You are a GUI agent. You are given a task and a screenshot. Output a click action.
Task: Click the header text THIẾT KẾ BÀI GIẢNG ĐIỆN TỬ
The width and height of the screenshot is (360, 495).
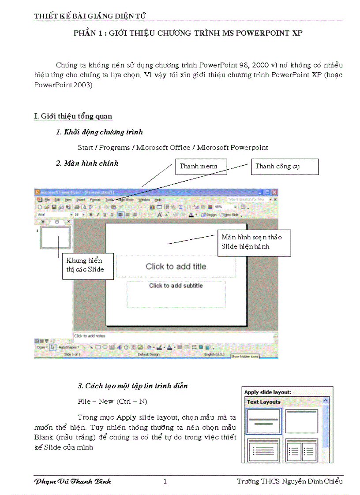click(90, 16)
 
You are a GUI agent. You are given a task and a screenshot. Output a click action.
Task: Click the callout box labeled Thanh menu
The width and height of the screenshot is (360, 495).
click(201, 167)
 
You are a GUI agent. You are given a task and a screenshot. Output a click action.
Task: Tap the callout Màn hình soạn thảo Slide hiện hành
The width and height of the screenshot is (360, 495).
click(254, 242)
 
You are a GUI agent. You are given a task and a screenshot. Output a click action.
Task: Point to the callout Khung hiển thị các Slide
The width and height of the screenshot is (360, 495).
click(88, 265)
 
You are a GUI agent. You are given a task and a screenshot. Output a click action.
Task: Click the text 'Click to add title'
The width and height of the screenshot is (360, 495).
click(176, 266)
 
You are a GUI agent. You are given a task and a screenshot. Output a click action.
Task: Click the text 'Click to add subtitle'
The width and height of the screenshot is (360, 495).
click(176, 286)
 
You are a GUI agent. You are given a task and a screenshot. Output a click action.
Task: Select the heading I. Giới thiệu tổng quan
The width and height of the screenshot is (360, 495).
click(73, 116)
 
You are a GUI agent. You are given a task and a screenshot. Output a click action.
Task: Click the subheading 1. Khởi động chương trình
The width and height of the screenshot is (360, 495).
click(99, 132)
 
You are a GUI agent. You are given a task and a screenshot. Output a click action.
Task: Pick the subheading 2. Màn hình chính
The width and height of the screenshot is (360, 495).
click(87, 163)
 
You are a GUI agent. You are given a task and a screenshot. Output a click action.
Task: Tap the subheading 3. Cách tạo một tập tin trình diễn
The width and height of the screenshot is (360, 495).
click(133, 386)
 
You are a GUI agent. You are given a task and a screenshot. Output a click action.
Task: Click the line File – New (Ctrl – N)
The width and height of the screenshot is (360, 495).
click(112, 401)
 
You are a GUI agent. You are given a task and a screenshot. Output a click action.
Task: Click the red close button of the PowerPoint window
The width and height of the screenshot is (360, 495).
click(274, 192)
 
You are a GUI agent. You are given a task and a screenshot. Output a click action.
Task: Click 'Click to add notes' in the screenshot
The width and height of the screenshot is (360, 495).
click(90, 336)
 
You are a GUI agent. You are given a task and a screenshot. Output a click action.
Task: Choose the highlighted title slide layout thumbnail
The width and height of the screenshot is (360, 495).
click(263, 421)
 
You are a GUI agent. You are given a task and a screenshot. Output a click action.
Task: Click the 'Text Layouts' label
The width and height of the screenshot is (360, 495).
click(264, 402)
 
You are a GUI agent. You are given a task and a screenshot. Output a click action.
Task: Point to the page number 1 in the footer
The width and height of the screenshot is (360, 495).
click(165, 481)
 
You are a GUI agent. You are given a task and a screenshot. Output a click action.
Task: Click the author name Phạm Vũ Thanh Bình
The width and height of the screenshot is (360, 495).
click(73, 481)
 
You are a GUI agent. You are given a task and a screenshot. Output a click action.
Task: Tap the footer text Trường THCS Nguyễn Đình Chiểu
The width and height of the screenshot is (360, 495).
click(289, 481)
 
